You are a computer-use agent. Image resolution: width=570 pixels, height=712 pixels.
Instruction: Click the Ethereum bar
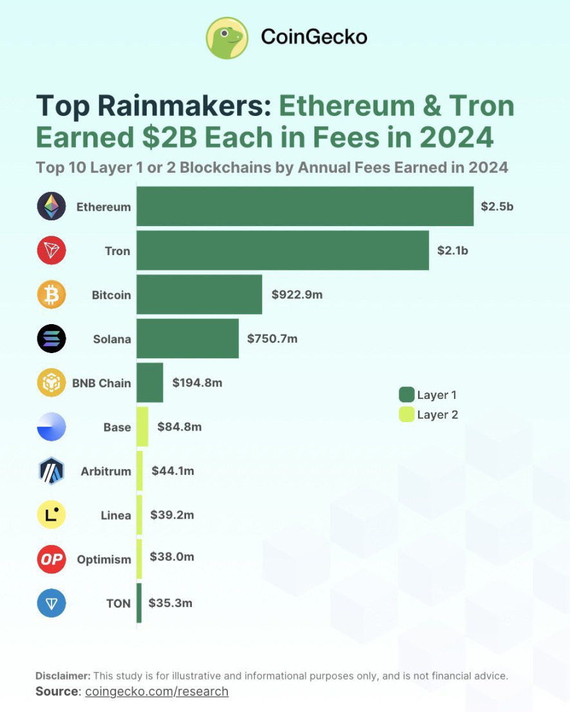[305, 206]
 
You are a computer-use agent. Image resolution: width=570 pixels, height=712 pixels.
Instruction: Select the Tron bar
[282, 250]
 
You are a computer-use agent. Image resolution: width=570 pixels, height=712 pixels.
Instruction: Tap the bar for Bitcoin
[199, 294]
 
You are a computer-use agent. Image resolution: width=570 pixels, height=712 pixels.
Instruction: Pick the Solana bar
[187, 338]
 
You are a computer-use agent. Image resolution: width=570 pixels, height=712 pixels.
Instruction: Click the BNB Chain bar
[149, 383]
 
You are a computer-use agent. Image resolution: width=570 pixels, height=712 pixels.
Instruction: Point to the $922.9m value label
[297, 294]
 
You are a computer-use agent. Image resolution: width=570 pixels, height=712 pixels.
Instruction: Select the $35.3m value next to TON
[171, 603]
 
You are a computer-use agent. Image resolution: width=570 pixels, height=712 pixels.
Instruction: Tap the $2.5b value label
[497, 206]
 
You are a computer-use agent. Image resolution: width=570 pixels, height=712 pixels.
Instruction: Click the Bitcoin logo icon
[52, 295]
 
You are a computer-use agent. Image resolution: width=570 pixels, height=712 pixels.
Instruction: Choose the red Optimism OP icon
[52, 559]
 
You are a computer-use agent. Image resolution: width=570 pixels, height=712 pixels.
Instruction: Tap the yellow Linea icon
[52, 515]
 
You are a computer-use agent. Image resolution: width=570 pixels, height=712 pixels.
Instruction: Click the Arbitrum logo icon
[52, 471]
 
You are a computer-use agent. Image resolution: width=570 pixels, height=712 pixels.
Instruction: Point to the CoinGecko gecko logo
[227, 37]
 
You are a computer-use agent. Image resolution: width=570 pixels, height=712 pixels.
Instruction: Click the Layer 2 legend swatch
[406, 414]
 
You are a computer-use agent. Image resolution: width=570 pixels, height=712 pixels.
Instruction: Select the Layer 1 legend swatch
[406, 394]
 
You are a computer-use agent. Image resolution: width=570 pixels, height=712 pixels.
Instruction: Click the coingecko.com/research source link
[157, 691]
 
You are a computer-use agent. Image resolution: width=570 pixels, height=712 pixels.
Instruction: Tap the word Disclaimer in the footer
[63, 676]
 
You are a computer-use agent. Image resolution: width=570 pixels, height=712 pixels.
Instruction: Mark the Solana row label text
[112, 339]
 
